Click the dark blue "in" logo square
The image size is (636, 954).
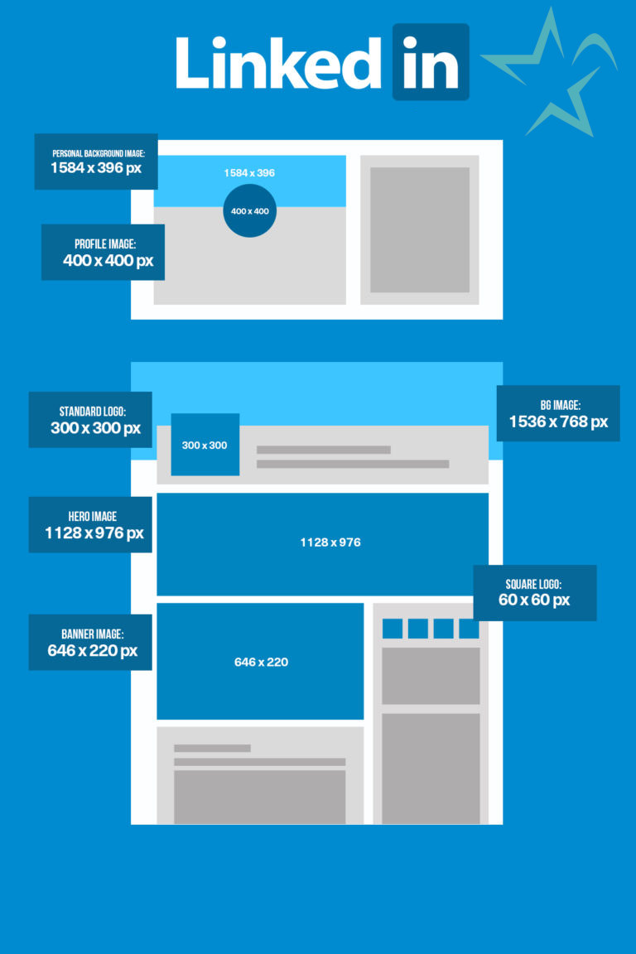(x=431, y=62)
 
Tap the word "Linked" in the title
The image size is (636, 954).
(x=279, y=62)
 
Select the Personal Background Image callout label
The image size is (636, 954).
(x=96, y=161)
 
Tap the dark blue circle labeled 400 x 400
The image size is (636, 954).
(x=249, y=211)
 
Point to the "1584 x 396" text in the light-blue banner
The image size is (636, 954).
(x=249, y=173)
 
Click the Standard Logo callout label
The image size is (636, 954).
(x=90, y=420)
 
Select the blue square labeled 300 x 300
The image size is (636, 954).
(x=205, y=445)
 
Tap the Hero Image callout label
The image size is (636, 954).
(x=90, y=524)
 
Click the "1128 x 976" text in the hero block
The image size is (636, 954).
(x=330, y=542)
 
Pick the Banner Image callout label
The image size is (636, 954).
(x=90, y=642)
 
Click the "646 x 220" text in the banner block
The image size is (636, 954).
(x=261, y=662)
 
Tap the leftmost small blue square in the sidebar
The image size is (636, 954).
(x=393, y=629)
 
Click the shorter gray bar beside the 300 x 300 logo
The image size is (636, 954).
(x=324, y=450)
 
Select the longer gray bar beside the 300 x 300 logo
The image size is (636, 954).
(x=353, y=465)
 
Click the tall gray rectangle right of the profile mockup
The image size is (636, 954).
(x=420, y=230)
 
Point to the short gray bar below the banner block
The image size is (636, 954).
(x=212, y=749)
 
